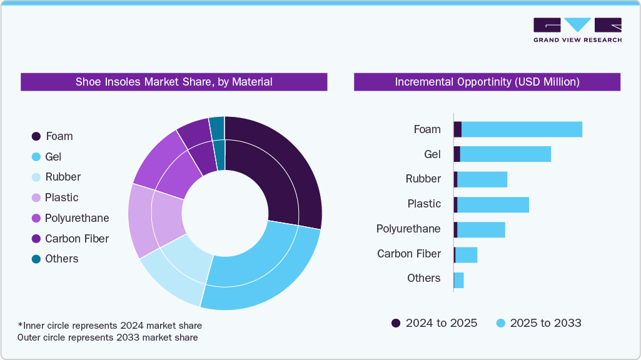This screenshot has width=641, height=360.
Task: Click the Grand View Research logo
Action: (577, 30)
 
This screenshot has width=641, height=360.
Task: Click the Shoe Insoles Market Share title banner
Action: (174, 82)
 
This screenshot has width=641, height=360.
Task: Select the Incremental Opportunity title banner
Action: (487, 82)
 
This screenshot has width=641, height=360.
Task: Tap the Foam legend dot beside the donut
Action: (36, 136)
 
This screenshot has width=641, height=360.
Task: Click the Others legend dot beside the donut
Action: (36, 259)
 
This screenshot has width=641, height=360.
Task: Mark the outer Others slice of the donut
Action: (217, 127)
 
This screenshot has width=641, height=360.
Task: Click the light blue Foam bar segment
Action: (522, 129)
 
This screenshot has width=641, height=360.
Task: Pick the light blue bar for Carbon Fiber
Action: (466, 254)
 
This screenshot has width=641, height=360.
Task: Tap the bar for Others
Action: (458, 280)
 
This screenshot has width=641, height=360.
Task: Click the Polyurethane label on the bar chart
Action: (408, 229)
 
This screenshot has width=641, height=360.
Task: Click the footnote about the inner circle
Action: (109, 326)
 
